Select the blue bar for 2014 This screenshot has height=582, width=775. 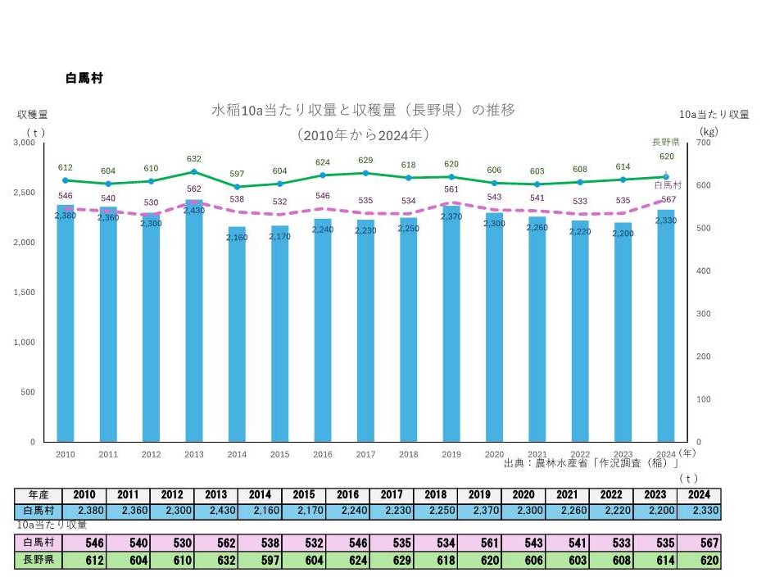(237, 336)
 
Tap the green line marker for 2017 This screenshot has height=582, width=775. (366, 173)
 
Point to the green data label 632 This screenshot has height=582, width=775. (194, 159)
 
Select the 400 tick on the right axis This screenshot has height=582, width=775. (704, 271)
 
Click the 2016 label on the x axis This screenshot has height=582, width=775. (323, 453)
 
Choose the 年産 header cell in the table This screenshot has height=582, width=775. (39, 495)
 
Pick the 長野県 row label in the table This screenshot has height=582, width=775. (39, 561)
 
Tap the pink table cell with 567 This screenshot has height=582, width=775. (699, 543)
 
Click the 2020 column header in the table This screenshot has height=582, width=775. (524, 495)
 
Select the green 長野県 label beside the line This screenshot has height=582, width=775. (665, 142)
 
